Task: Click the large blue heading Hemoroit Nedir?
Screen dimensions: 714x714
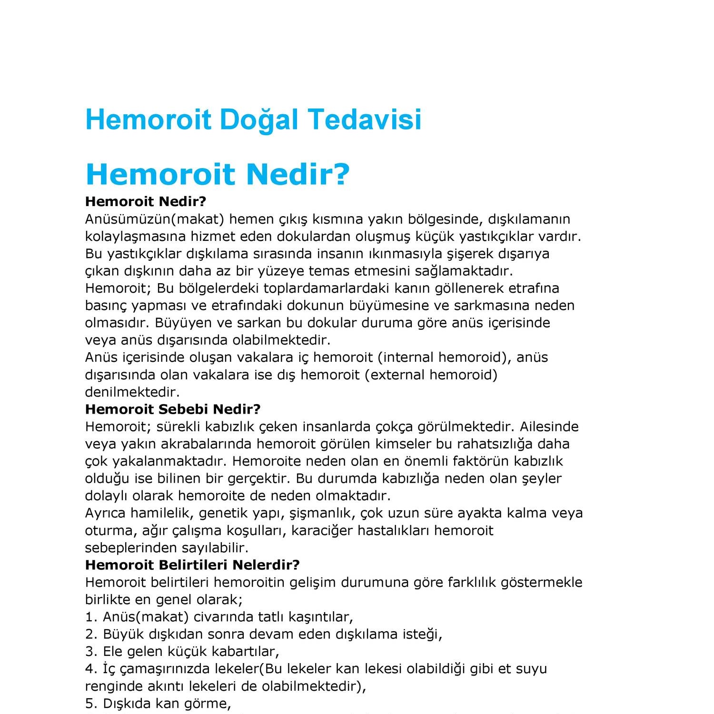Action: coord(218,174)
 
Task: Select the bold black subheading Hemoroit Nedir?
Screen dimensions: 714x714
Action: coord(146,201)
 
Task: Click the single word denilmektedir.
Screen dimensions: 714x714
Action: coord(132,392)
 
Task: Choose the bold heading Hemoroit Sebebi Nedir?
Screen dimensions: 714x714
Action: coord(173,409)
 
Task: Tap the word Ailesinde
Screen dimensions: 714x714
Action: coord(548,426)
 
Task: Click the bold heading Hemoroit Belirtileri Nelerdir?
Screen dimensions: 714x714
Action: coord(192,565)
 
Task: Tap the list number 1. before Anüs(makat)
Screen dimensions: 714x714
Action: coord(91,617)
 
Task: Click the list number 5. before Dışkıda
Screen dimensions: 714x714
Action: coord(91,704)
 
